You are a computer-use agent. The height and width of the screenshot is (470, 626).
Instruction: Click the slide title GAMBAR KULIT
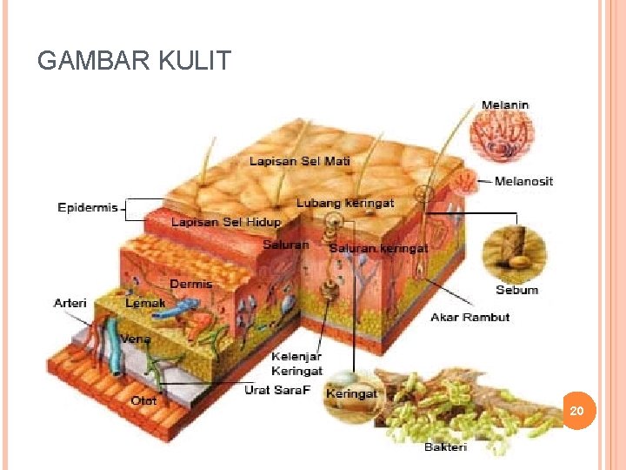coord(135,61)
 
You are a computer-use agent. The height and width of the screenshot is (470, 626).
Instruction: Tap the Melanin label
coord(505,105)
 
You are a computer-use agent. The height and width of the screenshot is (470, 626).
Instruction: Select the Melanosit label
coord(523,181)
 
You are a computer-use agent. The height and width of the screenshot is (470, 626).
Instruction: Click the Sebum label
coord(516,290)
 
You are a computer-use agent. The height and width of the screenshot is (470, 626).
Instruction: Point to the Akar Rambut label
coord(469,317)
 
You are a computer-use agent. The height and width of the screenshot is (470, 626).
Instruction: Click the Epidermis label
coord(87,208)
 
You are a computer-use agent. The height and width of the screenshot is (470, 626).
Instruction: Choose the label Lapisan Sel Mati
coord(300,161)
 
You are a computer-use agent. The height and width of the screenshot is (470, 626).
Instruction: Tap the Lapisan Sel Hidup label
coord(226,223)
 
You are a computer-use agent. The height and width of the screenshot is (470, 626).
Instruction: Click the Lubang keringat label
coord(345,203)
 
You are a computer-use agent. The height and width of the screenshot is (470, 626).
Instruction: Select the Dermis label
coord(190,284)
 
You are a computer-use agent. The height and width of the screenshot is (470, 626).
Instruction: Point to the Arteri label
coord(70,303)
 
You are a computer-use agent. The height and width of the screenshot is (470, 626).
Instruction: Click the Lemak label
coord(145,303)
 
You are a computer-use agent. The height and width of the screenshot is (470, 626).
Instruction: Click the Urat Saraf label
coord(278,389)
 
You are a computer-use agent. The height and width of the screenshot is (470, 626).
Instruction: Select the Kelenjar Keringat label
coord(296,364)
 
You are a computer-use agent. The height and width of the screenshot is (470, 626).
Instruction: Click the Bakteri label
coord(445,447)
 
